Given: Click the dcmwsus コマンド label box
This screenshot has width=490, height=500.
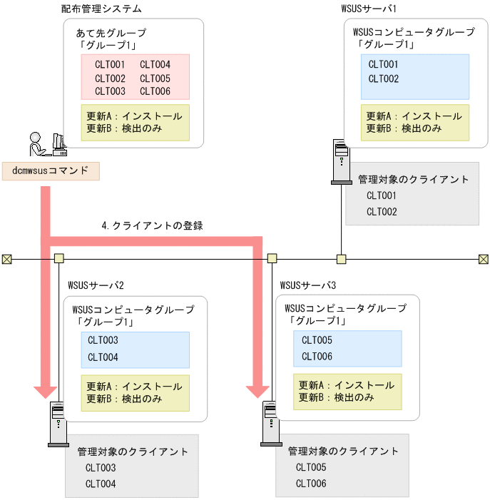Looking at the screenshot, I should tap(50, 170).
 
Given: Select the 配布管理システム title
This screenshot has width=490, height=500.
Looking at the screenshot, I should tap(101, 9).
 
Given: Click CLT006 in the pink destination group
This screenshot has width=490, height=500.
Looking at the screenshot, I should tap(155, 91).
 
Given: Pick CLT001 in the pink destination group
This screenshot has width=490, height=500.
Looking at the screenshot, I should tap(110, 65).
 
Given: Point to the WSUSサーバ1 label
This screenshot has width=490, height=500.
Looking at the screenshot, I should tap(369, 9).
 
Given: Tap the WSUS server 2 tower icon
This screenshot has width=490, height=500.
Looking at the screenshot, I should tap(58, 424).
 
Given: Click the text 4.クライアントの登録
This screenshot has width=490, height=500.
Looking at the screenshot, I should tap(153, 225).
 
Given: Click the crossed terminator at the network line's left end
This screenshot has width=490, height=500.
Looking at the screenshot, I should tap(6, 259).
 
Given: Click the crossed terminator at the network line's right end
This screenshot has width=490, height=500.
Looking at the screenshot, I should tap(483, 259).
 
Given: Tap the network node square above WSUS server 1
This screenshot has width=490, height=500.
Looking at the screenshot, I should tap(342, 259).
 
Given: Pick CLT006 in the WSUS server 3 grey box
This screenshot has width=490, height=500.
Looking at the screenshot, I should tap(311, 484).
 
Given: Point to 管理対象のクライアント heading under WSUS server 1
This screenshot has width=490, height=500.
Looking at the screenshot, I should tap(414, 180).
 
